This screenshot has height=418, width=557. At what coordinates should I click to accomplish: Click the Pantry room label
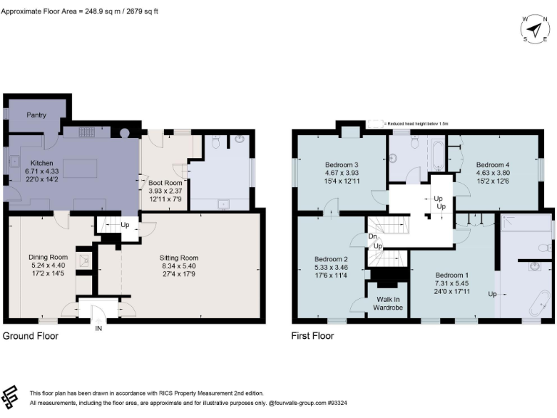click(36, 115)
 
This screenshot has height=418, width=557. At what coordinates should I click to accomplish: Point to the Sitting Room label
click(178, 258)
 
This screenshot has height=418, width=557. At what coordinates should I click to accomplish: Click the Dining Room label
click(48, 257)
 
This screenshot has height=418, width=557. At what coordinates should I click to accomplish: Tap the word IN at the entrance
click(99, 328)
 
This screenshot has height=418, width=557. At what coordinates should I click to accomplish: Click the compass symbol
click(535, 29)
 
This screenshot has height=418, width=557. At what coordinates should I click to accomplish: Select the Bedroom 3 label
click(342, 164)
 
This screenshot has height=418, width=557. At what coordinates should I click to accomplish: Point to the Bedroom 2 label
click(331, 259)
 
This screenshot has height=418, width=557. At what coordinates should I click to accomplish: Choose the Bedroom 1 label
click(451, 276)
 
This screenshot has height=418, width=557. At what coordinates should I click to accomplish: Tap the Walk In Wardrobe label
click(387, 304)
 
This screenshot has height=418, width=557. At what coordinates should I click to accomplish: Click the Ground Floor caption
click(30, 336)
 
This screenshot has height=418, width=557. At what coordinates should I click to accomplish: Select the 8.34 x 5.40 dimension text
click(178, 266)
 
